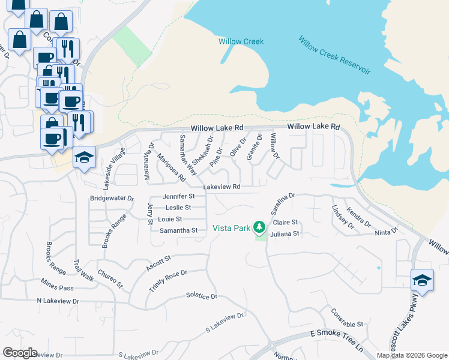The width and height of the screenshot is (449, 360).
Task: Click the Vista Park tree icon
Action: tap(259, 227)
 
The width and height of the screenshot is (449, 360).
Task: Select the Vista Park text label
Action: tap(232, 229)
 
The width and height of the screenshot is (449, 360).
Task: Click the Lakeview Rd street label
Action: tap(221, 187)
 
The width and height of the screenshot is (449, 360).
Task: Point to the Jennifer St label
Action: tap(179, 196)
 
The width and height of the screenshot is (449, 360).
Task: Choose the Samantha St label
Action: tap(178, 230)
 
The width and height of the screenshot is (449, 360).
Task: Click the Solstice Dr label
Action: tap(201, 296)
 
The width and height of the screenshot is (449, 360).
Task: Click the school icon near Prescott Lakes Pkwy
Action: tap(422, 280)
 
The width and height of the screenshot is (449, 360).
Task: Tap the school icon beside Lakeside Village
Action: tap(85, 157)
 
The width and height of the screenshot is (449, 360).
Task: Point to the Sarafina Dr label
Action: tap(283, 204)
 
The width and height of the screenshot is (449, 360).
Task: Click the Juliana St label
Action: tap(285, 233)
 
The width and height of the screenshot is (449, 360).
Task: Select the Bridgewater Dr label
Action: tap(112, 197)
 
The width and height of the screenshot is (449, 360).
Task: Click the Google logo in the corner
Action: tap(20, 353)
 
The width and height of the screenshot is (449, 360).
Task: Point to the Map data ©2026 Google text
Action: tap(411, 355)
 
